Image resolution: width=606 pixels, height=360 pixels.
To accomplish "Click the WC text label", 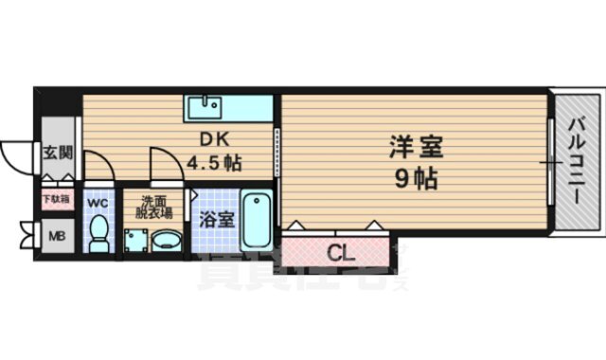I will pyautogui.click(x=98, y=202).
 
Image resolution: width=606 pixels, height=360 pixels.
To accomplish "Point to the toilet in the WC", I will pyautogui.click(x=98, y=232).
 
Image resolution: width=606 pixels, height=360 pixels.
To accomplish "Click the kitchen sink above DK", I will pyautogui.click(x=203, y=104).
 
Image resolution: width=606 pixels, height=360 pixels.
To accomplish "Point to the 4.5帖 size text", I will pyautogui.click(x=213, y=162).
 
